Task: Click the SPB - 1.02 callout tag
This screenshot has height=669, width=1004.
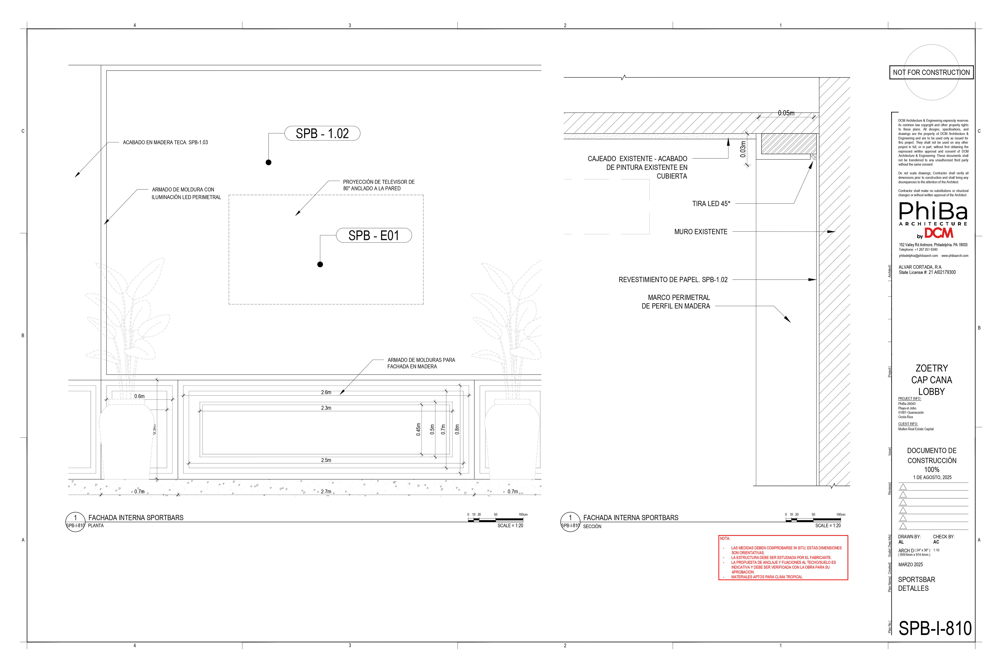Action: [322, 134]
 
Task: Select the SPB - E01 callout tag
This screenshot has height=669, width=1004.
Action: [374, 235]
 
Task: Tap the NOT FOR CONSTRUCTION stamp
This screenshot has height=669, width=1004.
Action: [931, 73]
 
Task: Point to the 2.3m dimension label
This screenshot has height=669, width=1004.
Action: [326, 408]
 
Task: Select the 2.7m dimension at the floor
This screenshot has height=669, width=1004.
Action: [326, 492]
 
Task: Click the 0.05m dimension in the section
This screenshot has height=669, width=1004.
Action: [786, 113]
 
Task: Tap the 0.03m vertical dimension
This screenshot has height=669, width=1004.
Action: [743, 149]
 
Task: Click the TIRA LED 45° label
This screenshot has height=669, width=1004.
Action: [711, 204]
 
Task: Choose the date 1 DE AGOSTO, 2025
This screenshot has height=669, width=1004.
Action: [932, 477]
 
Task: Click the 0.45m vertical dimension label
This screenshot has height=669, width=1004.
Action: [418, 429]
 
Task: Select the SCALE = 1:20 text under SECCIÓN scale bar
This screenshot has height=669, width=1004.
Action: [828, 526]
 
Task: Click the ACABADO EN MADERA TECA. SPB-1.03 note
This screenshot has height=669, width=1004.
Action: [165, 142]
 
